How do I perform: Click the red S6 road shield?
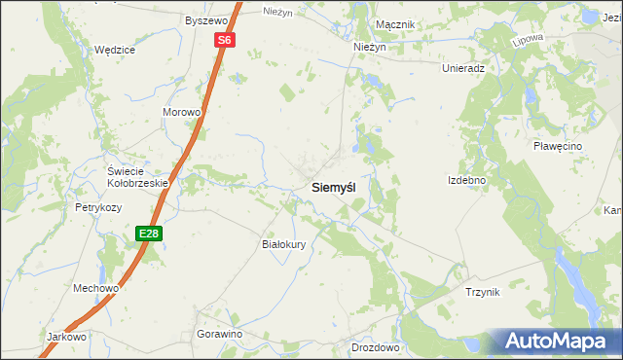[x=225, y=40]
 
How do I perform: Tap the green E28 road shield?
[x=148, y=234]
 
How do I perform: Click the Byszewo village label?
[x=205, y=19]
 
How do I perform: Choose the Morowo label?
[x=181, y=112]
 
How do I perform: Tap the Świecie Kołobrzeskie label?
[x=137, y=176]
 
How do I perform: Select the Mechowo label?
[x=95, y=288]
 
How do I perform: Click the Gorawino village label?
[x=219, y=334]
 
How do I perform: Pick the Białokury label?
[x=285, y=244]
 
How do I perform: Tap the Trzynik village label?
[x=482, y=292]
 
